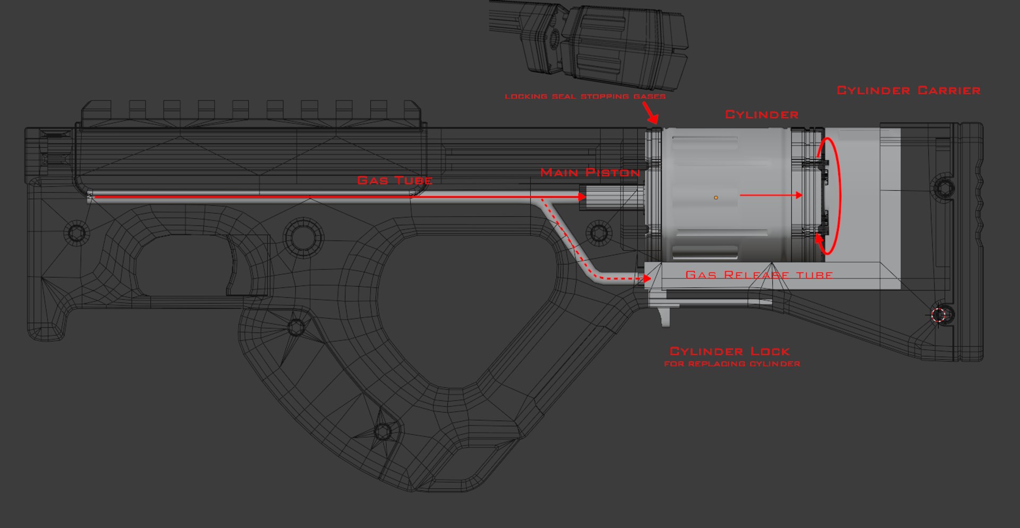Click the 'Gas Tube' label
tap(395, 181)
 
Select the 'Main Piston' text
tap(590, 173)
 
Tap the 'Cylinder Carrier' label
tap(908, 91)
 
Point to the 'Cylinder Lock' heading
tap(729, 351)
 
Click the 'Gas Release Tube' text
tap(759, 275)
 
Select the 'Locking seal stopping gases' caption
tap(585, 97)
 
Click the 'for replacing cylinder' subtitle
tap(732, 364)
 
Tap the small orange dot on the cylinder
tap(716, 198)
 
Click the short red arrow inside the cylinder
tap(770, 195)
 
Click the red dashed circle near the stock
tap(939, 315)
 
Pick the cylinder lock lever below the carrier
tap(664, 317)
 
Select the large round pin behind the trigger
tap(304, 237)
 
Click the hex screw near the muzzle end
tap(76, 233)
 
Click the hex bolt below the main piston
tap(598, 233)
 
